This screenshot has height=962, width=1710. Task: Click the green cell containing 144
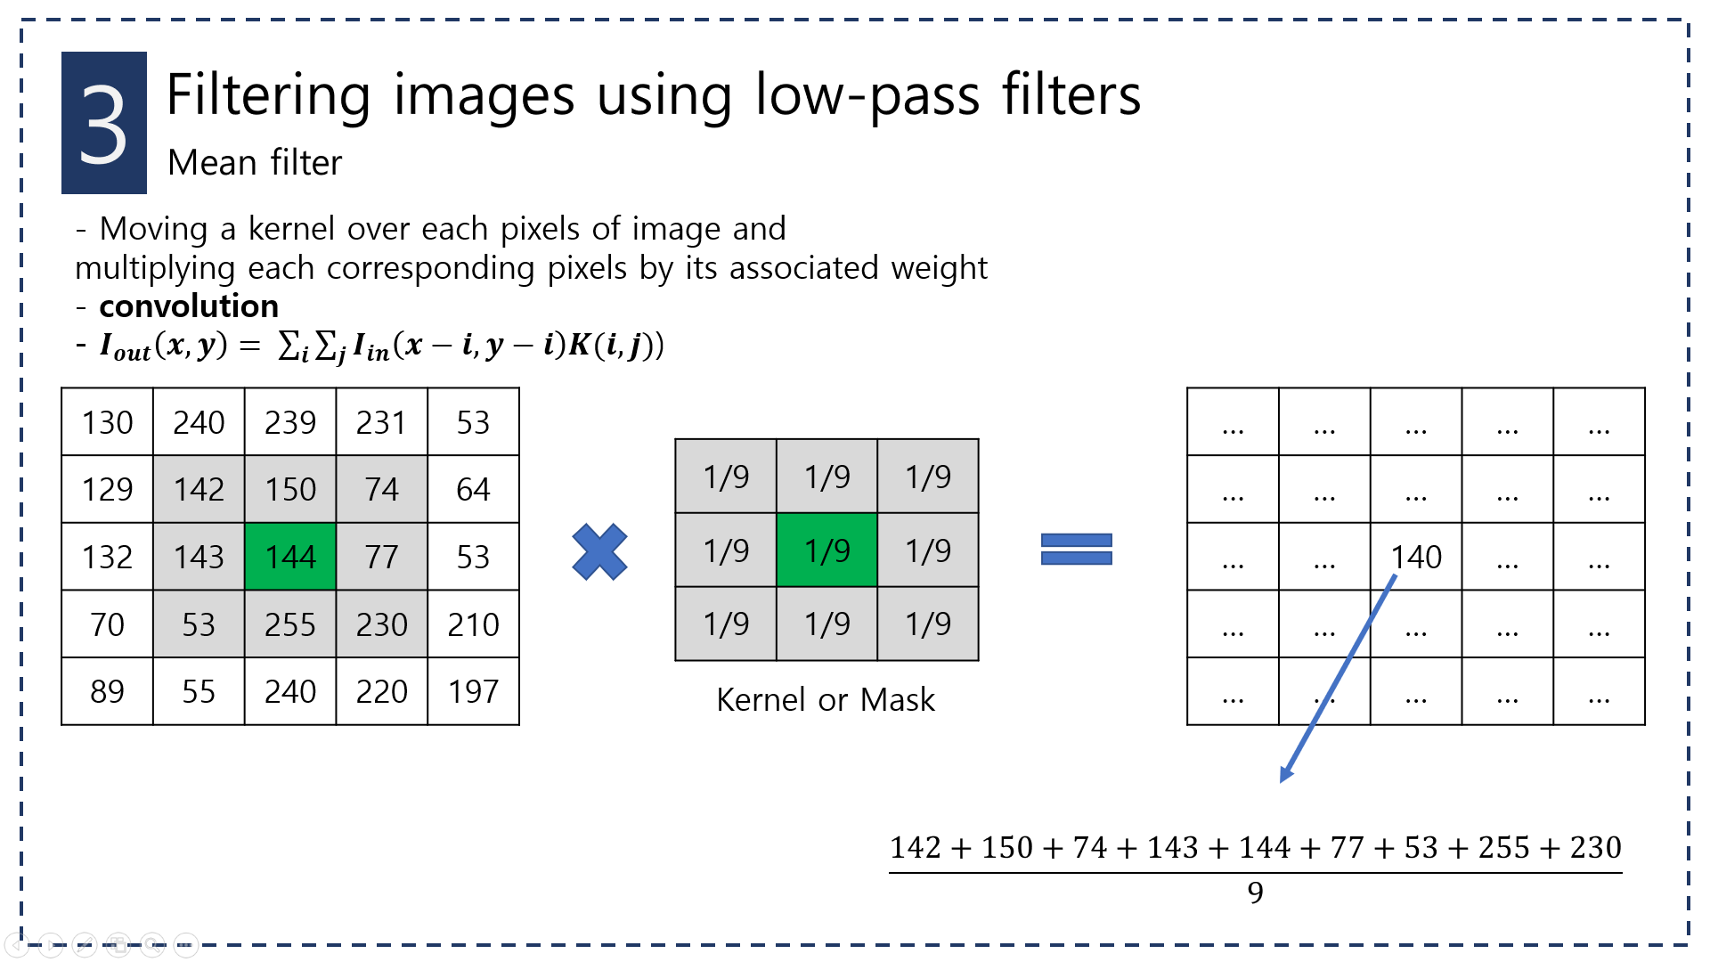290,557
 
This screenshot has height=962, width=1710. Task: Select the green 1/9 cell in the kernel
826,550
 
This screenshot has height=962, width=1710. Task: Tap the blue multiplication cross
599,552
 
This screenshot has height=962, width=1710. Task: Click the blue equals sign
1076,550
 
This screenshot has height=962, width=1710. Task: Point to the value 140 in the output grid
1416,558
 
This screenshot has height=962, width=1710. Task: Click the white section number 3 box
104,123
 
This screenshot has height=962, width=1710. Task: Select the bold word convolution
189,306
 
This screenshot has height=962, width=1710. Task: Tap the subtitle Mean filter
255,163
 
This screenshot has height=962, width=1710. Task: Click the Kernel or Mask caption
826,700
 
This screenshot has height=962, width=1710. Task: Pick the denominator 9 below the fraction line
1255,893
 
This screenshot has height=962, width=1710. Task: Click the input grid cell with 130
107,422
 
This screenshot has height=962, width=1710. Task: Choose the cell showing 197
473,692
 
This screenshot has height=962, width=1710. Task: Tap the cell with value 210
473,624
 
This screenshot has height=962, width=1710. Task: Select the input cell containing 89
107,692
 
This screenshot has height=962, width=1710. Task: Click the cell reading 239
290,422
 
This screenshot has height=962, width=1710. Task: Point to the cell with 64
473,490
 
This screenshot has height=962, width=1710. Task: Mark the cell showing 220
381,692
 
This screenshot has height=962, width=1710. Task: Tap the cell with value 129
107,490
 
